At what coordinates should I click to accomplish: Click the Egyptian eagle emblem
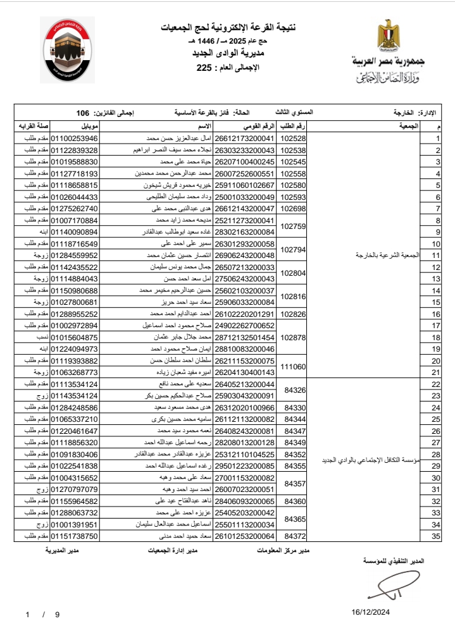(387, 37)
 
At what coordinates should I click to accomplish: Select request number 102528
(292, 138)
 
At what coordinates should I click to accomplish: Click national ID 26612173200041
(245, 138)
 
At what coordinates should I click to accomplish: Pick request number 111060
(292, 366)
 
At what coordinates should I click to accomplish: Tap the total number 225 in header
(204, 68)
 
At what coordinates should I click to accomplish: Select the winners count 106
(83, 113)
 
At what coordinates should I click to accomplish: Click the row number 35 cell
(435, 536)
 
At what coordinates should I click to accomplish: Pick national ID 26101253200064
(245, 536)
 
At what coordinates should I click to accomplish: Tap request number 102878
(292, 337)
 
